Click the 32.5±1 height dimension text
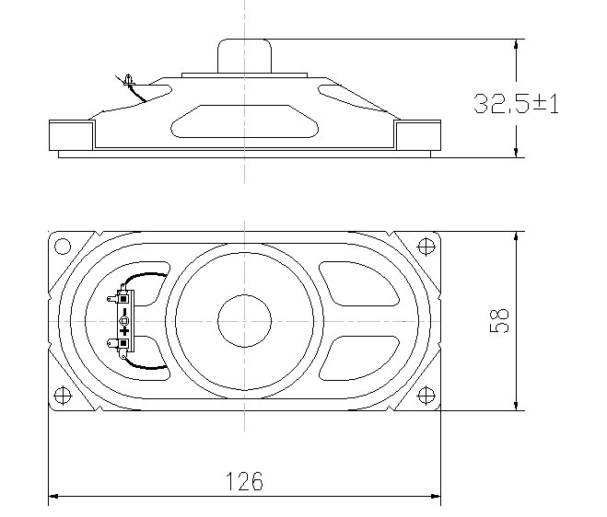pyautogui.click(x=517, y=104)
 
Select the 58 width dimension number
pyautogui.click(x=500, y=321)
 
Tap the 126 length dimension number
pyautogui.click(x=244, y=481)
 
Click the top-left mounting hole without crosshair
pyautogui.click(x=63, y=247)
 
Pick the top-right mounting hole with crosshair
pyautogui.click(x=426, y=247)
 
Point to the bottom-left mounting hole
pyautogui.click(x=63, y=396)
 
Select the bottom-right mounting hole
pyautogui.click(x=426, y=396)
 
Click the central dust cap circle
pyautogui.click(x=244, y=321)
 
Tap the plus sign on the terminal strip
pyautogui.click(x=124, y=331)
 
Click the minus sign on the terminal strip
pyautogui.click(x=124, y=312)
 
